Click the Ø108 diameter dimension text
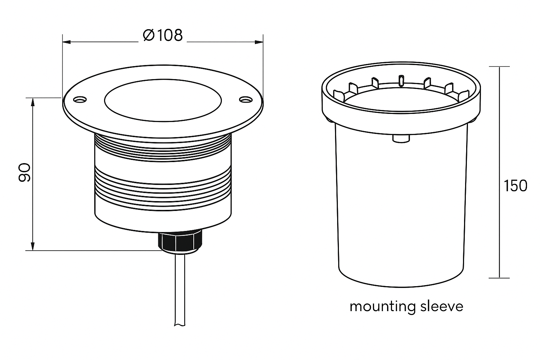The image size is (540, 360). [x=163, y=35]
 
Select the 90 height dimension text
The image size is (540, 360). [x=25, y=173]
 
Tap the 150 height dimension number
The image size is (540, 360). [x=515, y=186]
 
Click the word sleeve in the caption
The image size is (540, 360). [x=442, y=306]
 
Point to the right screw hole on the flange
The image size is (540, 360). [x=245, y=100]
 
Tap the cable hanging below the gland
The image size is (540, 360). [x=180, y=292]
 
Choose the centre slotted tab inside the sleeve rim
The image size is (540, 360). [x=400, y=80]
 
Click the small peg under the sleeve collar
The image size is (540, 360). [x=400, y=139]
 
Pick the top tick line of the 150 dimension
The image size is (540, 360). [x=499, y=66]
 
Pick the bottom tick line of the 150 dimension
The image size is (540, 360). [x=499, y=278]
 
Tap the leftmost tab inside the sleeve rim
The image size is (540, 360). [x=338, y=94]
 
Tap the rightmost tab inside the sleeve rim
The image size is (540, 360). [x=463, y=94]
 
